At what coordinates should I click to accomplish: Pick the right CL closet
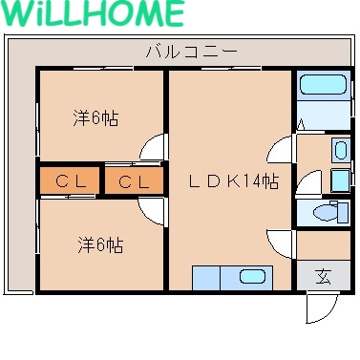[x=133, y=181]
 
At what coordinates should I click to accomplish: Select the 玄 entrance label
[x=324, y=278]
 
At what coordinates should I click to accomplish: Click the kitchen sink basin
[x=252, y=278]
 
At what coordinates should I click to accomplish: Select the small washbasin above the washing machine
[x=341, y=150]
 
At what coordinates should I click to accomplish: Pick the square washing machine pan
[x=340, y=180]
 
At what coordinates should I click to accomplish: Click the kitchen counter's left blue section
[x=206, y=278]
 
